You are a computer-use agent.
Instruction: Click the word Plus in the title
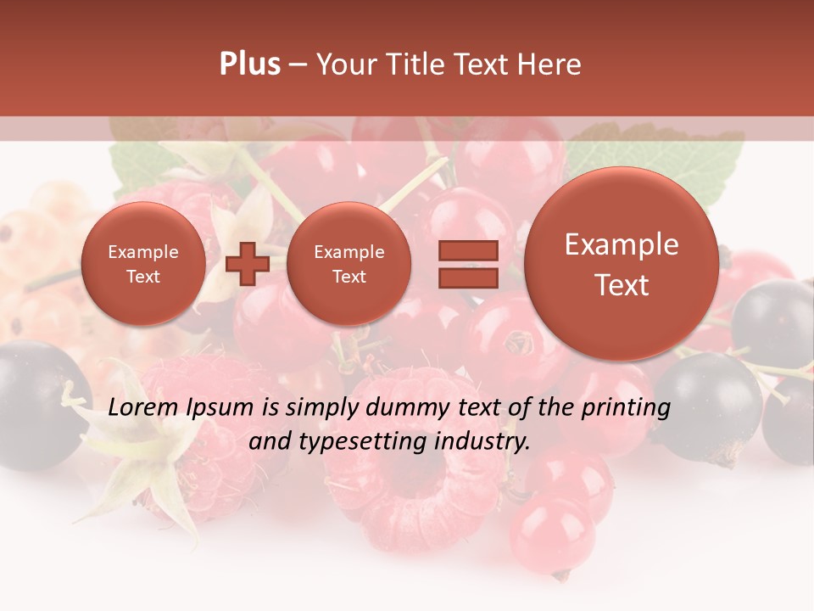[x=249, y=64]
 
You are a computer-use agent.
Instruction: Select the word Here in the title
[x=549, y=64]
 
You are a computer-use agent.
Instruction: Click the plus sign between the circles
[x=247, y=263]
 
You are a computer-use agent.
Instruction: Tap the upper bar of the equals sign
[x=467, y=250]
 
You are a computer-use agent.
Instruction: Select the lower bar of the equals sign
[x=467, y=277]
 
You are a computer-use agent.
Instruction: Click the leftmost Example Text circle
[x=142, y=264]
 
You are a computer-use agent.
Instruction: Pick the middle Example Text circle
[x=348, y=264]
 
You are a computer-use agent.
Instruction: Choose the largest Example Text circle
[x=622, y=264]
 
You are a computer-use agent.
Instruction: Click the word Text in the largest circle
[x=622, y=285]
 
